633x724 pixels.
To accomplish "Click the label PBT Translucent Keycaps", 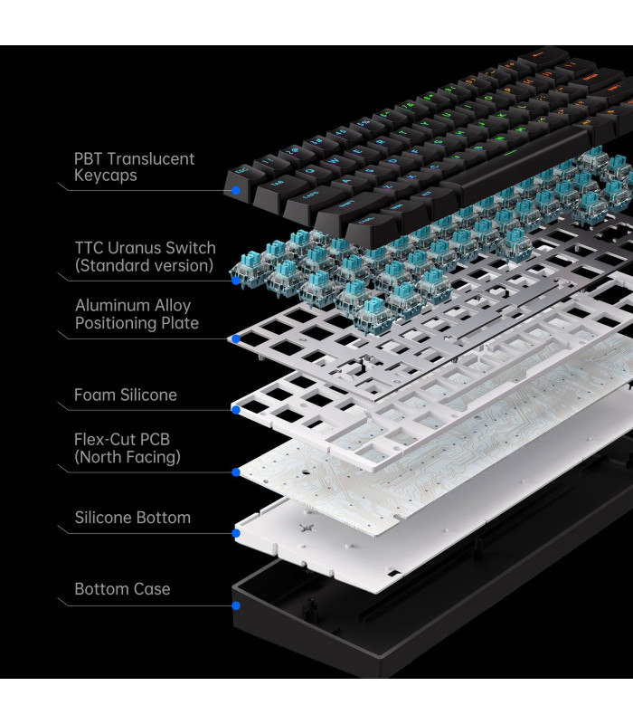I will pyautogui.click(x=134, y=167).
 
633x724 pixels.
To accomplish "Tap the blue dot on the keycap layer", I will pyautogui.click(x=235, y=191).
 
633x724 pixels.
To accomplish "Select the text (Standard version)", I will pyautogui.click(x=144, y=266).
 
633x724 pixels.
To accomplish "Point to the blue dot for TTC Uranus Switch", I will pyautogui.click(x=235, y=281).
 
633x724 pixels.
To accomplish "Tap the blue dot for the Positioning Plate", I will pyautogui.click(x=235, y=339).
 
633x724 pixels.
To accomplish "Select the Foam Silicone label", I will pyautogui.click(x=126, y=395).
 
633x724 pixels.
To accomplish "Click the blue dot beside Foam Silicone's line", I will pyautogui.click(x=235, y=410).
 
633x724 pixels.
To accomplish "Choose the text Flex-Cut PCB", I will pyautogui.click(x=122, y=440).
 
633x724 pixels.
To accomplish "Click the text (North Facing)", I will pyautogui.click(x=128, y=458).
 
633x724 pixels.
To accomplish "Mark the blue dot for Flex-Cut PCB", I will pyautogui.click(x=235, y=472).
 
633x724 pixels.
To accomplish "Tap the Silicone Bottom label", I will pyautogui.click(x=132, y=518).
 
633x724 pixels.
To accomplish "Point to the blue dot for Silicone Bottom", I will pyautogui.click(x=235, y=533).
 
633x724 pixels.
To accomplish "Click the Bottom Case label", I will pyautogui.click(x=122, y=589).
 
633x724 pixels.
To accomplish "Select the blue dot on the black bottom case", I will pyautogui.click(x=235, y=605).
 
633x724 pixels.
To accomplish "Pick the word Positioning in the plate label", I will pyautogui.click(x=114, y=323).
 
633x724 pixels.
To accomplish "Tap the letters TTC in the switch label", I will pyautogui.click(x=90, y=248).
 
